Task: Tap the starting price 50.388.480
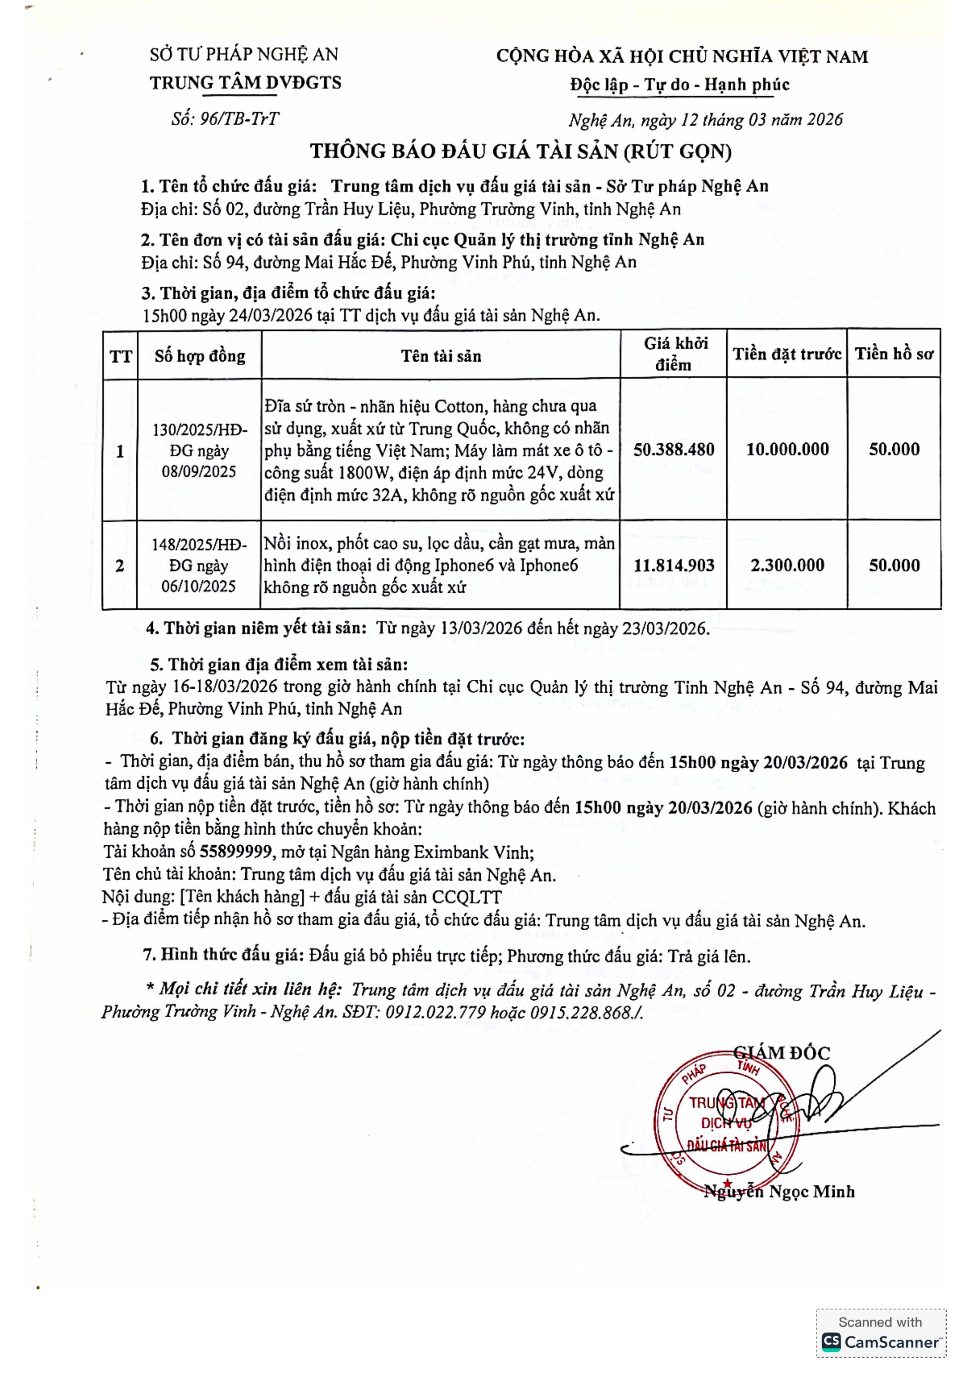(x=674, y=450)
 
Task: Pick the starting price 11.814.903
(x=674, y=565)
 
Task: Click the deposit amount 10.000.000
(x=787, y=450)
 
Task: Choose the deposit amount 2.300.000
(x=787, y=565)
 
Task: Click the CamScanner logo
(x=880, y=1342)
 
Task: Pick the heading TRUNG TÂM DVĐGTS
(x=245, y=83)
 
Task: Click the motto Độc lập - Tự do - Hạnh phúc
(x=680, y=85)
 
